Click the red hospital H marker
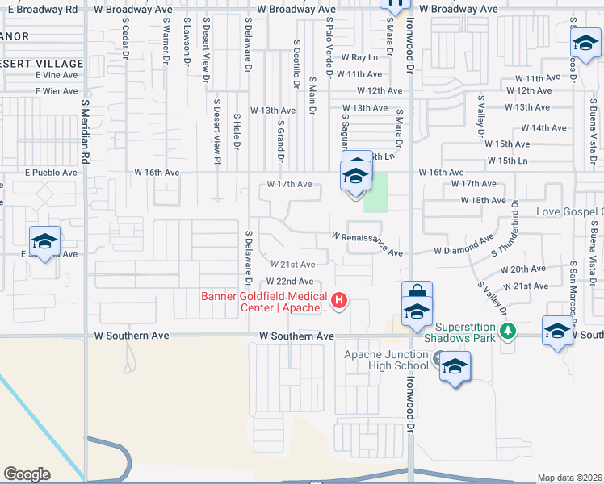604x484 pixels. [x=339, y=301]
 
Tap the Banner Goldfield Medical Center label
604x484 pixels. [x=266, y=301]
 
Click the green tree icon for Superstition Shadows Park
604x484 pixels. [x=508, y=330]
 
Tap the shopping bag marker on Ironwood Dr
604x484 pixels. [x=417, y=294]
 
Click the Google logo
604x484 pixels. [x=27, y=474]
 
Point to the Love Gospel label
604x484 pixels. [x=569, y=211]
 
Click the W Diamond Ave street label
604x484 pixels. [x=463, y=247]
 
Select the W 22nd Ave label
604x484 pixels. [x=290, y=281]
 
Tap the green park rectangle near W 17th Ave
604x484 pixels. [x=375, y=193]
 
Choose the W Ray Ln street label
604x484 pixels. [x=359, y=57]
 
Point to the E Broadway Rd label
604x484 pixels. [x=40, y=9]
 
